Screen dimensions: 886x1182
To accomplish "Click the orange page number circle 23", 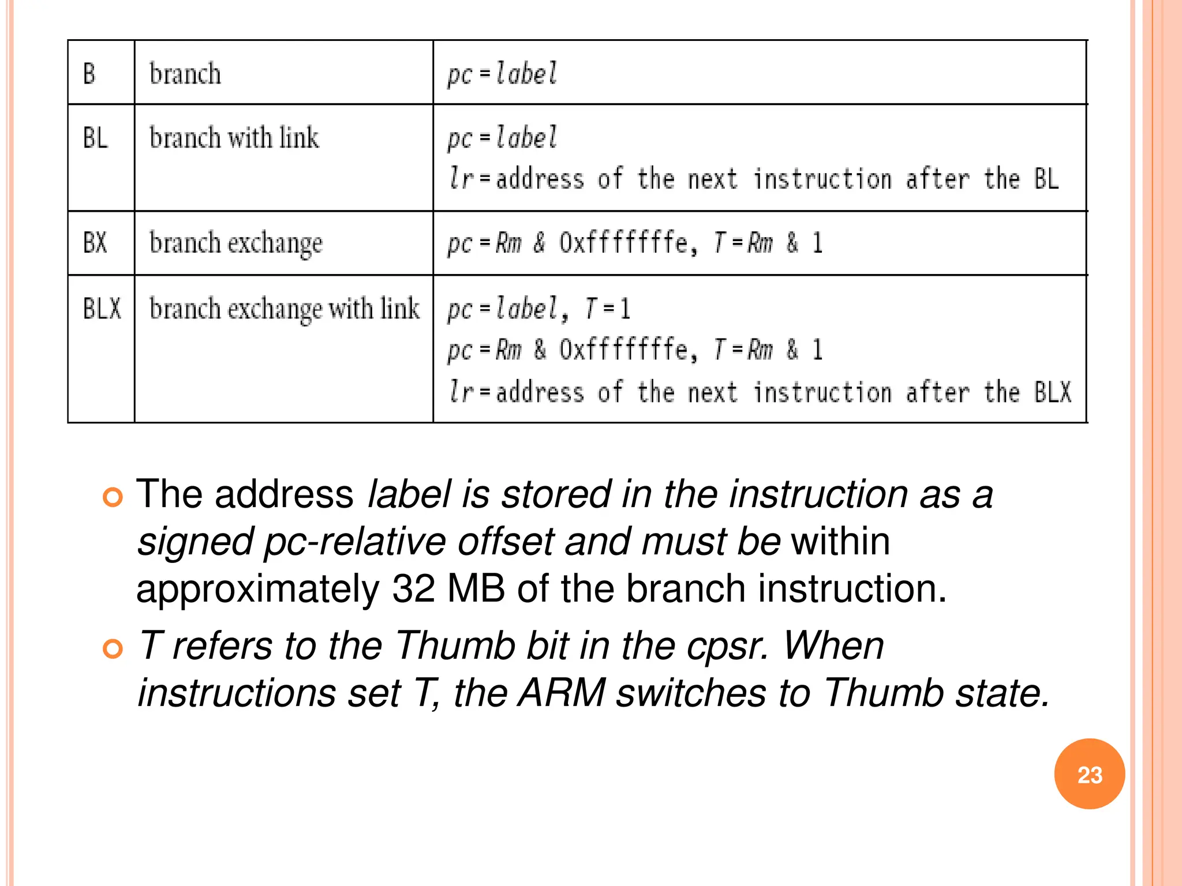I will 1089,774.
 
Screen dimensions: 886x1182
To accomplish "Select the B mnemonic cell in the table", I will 89,74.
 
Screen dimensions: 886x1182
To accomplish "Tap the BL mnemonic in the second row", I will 96,138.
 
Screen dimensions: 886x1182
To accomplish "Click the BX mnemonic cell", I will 96,242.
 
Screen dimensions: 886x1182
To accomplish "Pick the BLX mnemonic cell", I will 102,308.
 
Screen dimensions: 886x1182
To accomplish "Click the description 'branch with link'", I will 234,138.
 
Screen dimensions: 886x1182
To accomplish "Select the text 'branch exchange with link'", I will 284,309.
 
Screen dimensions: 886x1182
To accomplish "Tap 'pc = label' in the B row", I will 502,74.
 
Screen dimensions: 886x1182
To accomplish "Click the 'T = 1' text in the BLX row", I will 608,308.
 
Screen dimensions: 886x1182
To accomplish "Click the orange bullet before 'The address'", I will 113,497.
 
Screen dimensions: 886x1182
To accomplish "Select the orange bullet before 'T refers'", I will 113,648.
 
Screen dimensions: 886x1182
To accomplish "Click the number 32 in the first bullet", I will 413,589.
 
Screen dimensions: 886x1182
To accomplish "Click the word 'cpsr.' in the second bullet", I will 728,645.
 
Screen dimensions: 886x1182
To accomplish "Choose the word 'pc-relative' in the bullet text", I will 354,542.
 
